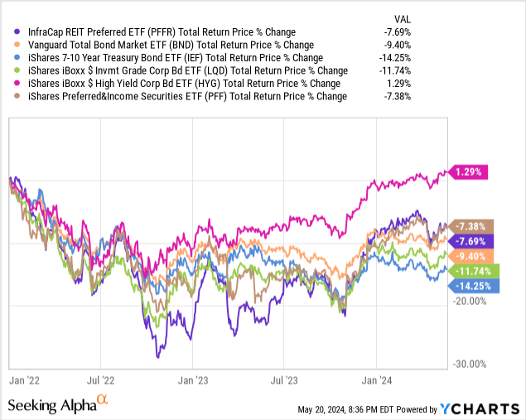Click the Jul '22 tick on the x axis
point(101,380)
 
